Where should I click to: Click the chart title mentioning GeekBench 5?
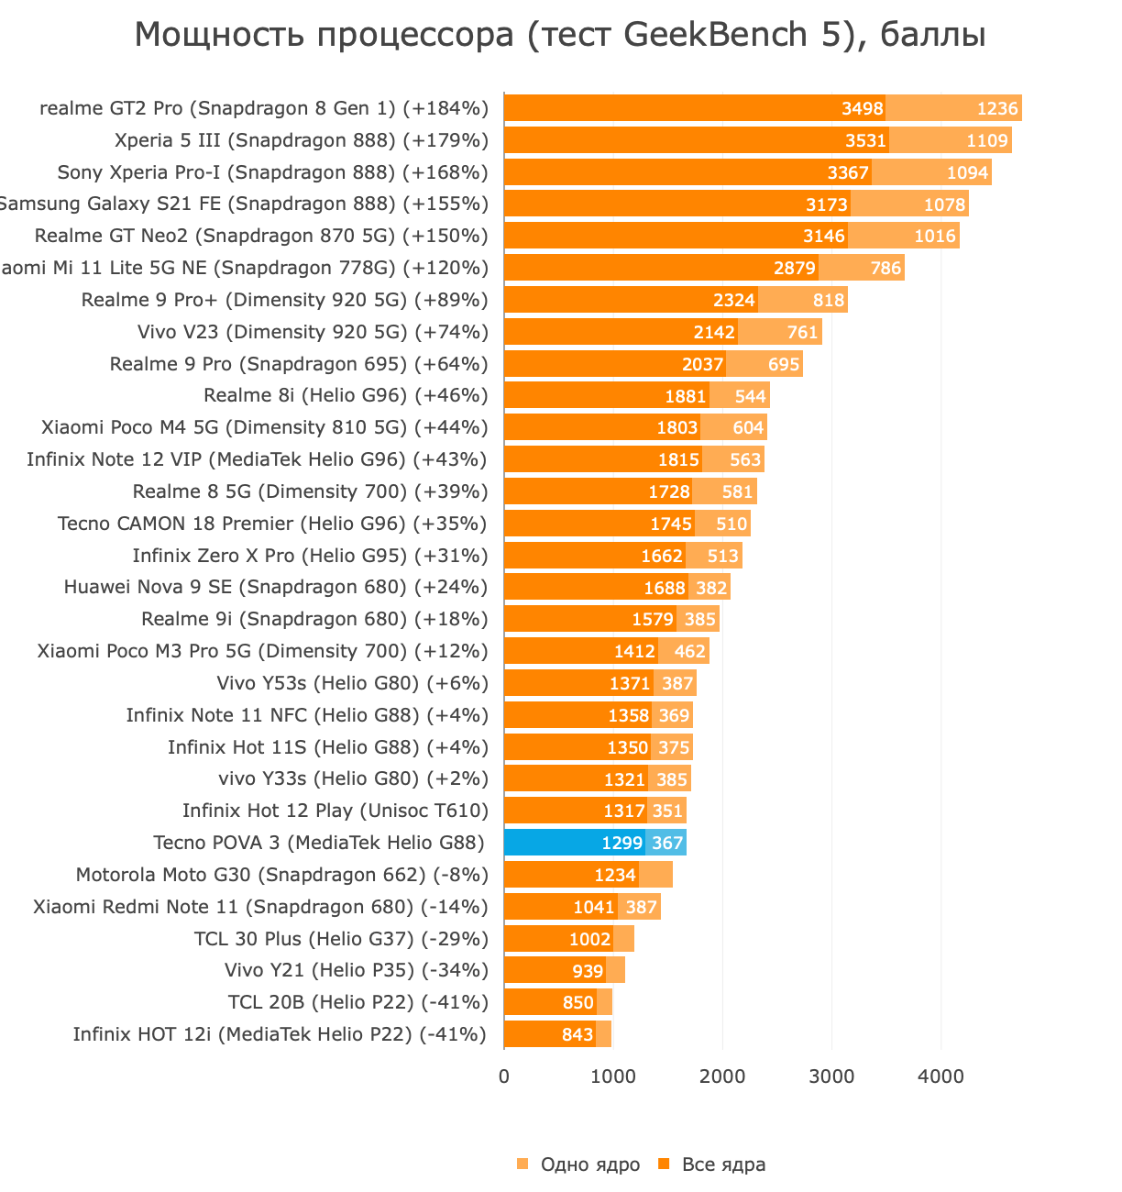[x=560, y=35]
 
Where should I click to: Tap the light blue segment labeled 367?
[x=666, y=843]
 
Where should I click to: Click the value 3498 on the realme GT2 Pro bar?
[x=863, y=108]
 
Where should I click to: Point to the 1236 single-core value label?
[x=997, y=108]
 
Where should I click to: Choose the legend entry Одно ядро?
[x=579, y=1164]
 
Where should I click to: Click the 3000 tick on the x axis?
[x=831, y=1076]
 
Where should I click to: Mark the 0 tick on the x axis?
[x=504, y=1076]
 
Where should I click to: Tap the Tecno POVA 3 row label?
[x=318, y=843]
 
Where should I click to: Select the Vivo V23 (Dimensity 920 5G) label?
[x=313, y=332]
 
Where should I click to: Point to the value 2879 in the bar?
[x=794, y=268]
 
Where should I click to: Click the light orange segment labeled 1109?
[x=987, y=140]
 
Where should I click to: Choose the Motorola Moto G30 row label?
[x=281, y=875]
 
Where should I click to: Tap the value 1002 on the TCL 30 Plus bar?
[x=589, y=939]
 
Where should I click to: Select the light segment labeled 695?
[x=784, y=364]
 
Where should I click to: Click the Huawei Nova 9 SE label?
[x=275, y=587]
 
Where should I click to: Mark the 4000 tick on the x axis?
[x=940, y=1076]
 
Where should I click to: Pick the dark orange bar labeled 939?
[x=554, y=970]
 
